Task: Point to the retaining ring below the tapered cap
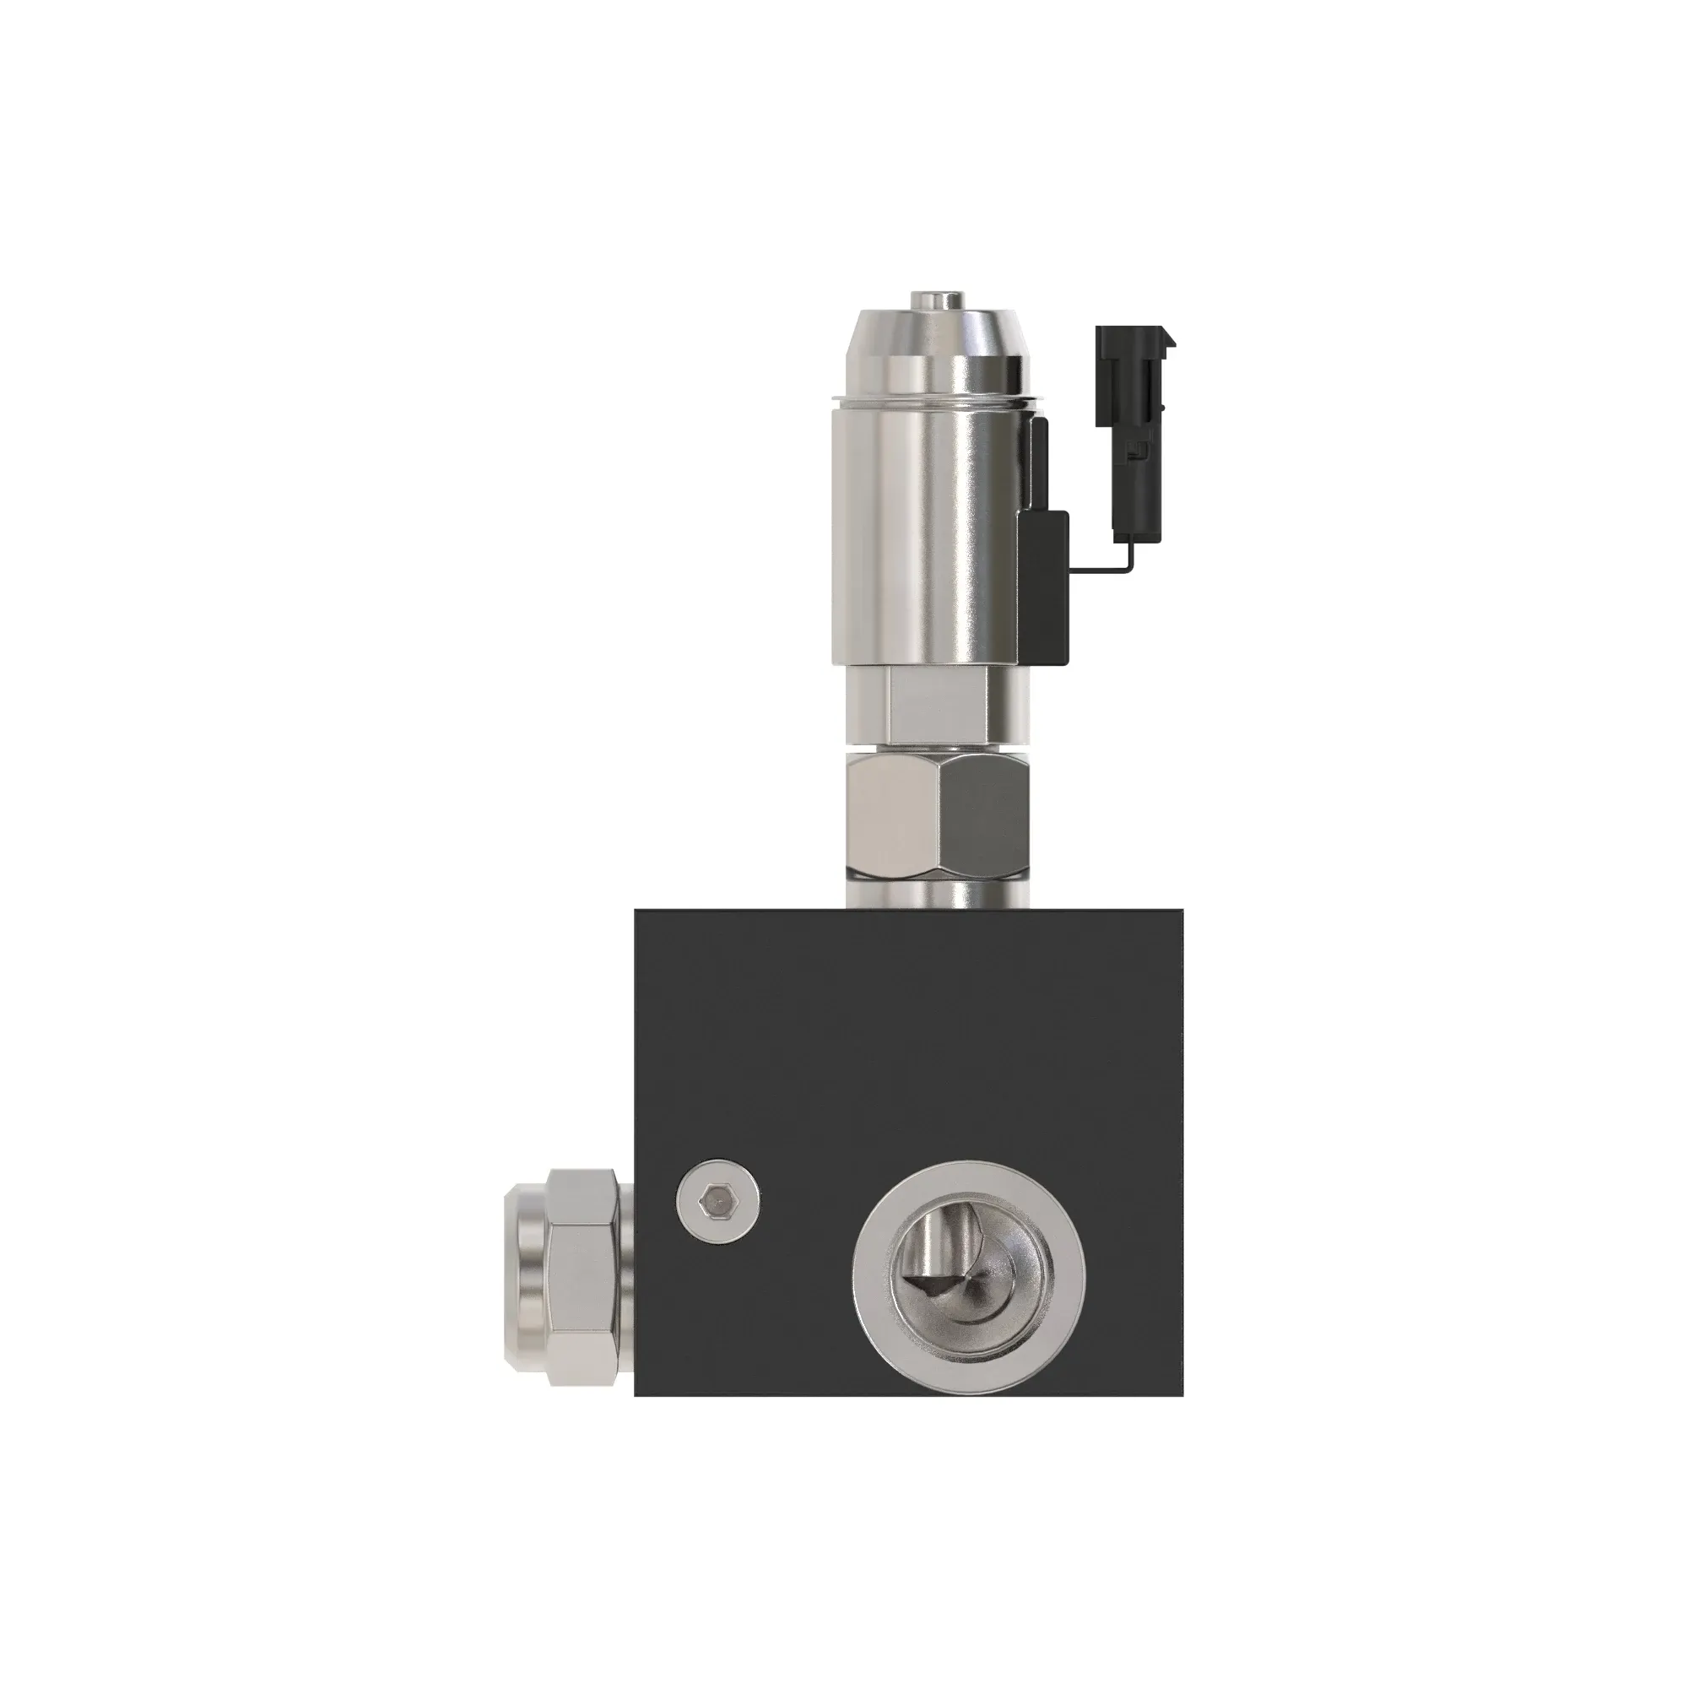[937, 403]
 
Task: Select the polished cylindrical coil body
[926, 533]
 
